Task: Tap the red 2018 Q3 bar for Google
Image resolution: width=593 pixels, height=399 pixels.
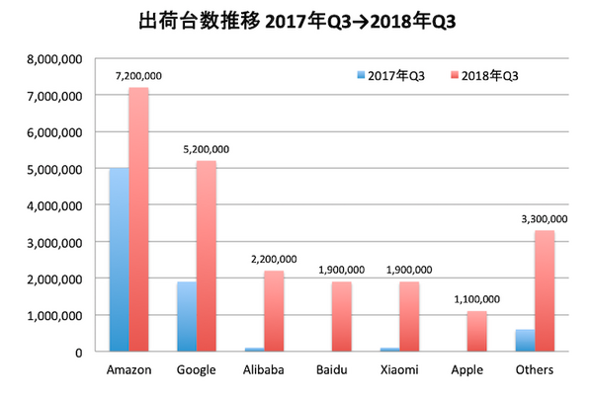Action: point(206,256)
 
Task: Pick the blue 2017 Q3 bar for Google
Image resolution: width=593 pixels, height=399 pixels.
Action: point(185,316)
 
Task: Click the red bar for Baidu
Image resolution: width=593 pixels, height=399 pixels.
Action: point(342,316)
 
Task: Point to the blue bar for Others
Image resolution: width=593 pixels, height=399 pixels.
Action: point(525,340)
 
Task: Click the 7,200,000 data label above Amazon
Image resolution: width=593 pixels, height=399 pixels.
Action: point(138,75)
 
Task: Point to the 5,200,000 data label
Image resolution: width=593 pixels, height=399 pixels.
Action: point(206,149)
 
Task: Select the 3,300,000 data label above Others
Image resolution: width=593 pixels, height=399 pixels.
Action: point(544,218)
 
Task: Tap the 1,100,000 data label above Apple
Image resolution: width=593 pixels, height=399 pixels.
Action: point(477,298)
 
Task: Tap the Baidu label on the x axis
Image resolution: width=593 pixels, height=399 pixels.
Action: point(334,370)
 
